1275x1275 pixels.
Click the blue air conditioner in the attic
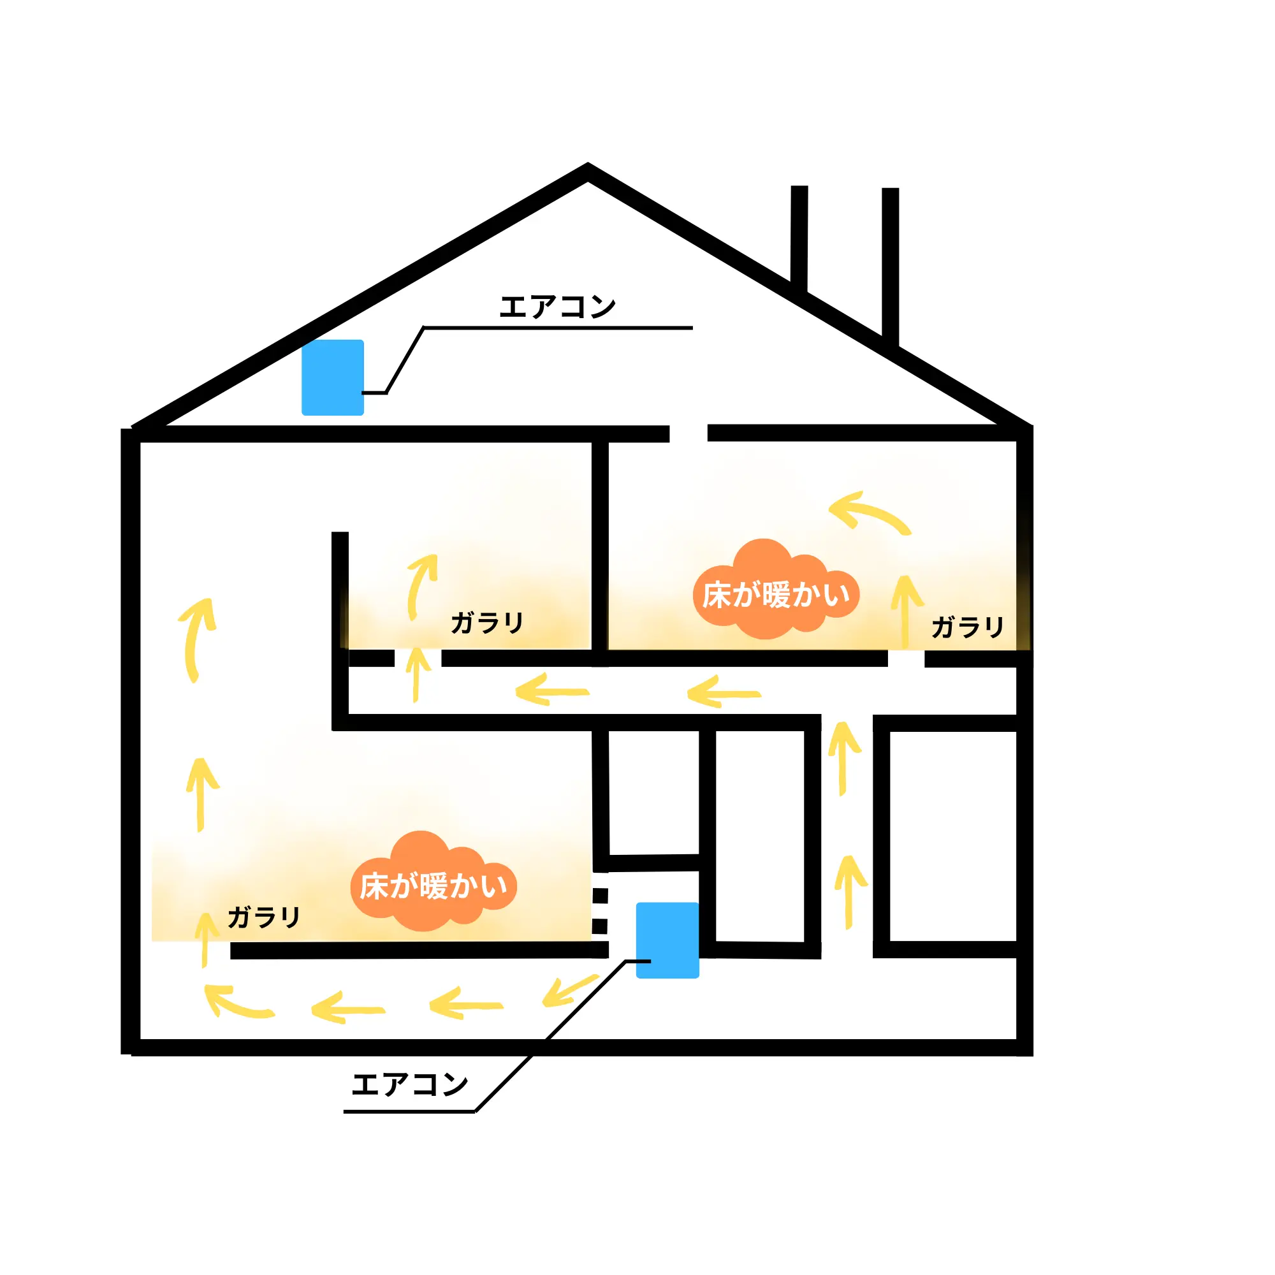[333, 377]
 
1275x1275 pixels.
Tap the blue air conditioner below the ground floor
[667, 940]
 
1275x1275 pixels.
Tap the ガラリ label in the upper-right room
[968, 627]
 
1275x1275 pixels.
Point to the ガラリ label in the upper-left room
[487, 622]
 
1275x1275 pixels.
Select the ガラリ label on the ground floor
[264, 917]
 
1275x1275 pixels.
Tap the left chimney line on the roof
[799, 238]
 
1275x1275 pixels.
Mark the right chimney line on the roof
[890, 264]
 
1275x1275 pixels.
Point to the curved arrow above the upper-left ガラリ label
[421, 584]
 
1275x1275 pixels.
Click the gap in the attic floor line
[688, 433]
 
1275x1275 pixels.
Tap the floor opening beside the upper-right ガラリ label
[905, 659]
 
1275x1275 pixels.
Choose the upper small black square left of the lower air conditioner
[599, 896]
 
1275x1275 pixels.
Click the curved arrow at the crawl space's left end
[234, 1002]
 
